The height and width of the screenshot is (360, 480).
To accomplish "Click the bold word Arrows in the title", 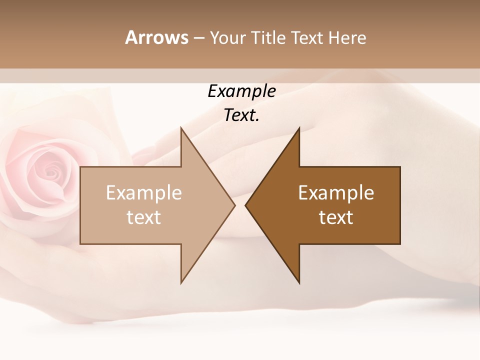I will [x=156, y=37].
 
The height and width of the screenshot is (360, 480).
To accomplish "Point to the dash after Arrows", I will [x=198, y=38].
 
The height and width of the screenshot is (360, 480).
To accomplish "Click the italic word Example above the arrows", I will [x=241, y=91].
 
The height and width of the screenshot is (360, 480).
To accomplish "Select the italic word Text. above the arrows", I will [x=241, y=115].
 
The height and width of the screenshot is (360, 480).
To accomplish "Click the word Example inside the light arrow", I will [x=144, y=192].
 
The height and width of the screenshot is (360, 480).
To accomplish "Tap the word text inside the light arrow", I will [x=144, y=217].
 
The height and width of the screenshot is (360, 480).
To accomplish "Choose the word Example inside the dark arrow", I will [x=336, y=192].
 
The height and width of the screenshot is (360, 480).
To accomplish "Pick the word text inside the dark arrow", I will [x=336, y=217].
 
